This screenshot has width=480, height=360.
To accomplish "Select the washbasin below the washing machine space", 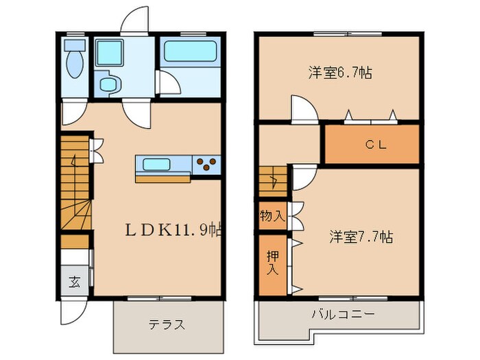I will pyautogui.click(x=109, y=84).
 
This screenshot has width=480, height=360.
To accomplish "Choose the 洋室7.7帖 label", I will pyautogui.click(x=361, y=237).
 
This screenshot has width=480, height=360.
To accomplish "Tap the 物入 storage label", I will pyautogui.click(x=272, y=216).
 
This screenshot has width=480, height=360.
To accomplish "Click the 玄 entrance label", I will pyautogui.click(x=73, y=280).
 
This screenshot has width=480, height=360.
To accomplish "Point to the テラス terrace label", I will pyautogui.click(x=167, y=324).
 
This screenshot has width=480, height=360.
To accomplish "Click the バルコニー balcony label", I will pyautogui.click(x=343, y=315).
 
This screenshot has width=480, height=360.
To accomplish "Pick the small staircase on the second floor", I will pyautogui.click(x=272, y=182).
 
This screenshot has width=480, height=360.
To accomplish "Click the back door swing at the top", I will pyautogui.click(x=134, y=19).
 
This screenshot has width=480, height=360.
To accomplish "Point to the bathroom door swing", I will pyautogui.click(x=169, y=83).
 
